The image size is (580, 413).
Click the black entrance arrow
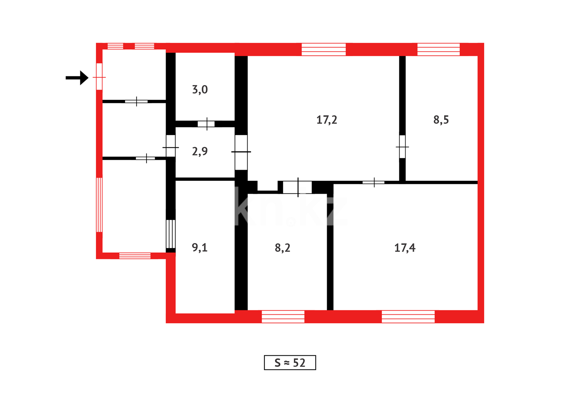pyautogui.click(x=77, y=78)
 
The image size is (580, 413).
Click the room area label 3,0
pyautogui.click(x=200, y=89)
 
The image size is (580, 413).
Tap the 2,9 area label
pyautogui.click(x=200, y=151)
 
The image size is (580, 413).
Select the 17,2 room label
pyautogui.click(x=327, y=120)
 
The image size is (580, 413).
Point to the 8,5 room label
pyautogui.click(x=441, y=120)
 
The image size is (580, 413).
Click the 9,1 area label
pyautogui.click(x=199, y=248)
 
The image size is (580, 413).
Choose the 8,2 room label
pyautogui.click(x=282, y=248)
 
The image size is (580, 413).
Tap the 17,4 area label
pyautogui.click(x=405, y=248)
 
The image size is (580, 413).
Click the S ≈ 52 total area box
pyautogui.click(x=290, y=363)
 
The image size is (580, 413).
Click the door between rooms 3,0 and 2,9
pyautogui.click(x=206, y=124)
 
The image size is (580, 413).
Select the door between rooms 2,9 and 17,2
pyautogui.click(x=241, y=152)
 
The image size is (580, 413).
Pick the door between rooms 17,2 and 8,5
pyautogui.click(x=402, y=146)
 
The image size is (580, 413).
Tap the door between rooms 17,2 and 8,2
pyautogui.click(x=297, y=187)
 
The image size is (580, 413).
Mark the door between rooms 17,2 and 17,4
pyautogui.click(x=373, y=182)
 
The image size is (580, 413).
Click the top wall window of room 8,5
pyautogui.click(x=438, y=50)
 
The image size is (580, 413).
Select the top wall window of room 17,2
pyautogui.click(x=324, y=50)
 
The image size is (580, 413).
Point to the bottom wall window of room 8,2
pyautogui.click(x=283, y=317)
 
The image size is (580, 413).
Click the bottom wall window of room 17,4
pyautogui.click(x=408, y=317)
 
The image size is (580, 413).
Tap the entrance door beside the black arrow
pyautogui.click(x=99, y=77)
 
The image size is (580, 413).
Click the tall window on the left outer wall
pyautogui.click(x=99, y=205)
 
